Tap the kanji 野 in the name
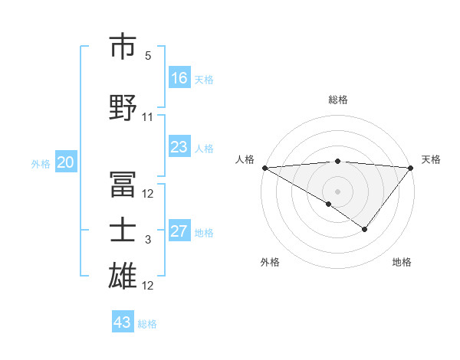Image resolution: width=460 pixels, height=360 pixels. click(x=123, y=108)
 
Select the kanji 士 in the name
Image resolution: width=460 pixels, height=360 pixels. click(x=123, y=231)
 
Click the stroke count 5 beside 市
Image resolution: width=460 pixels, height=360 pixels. click(x=148, y=56)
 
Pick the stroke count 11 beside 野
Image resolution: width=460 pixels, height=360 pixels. click(x=148, y=117)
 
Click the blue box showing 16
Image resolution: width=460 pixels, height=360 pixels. click(x=179, y=78)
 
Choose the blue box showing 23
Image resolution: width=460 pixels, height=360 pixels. click(x=179, y=147)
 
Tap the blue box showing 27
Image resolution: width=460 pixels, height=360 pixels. click(x=179, y=231)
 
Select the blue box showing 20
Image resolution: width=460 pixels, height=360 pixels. click(x=66, y=162)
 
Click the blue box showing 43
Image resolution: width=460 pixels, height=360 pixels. click(x=123, y=322)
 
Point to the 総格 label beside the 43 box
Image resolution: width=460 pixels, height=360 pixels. click(x=147, y=324)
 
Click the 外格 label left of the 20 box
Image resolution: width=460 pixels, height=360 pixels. click(x=41, y=163)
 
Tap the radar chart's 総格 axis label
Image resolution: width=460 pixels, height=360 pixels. click(x=337, y=100)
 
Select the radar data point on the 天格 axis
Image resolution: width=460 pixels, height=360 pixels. click(x=411, y=168)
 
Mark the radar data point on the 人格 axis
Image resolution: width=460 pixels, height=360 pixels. click(x=264, y=168)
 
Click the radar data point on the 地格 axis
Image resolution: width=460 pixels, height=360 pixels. click(x=365, y=229)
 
